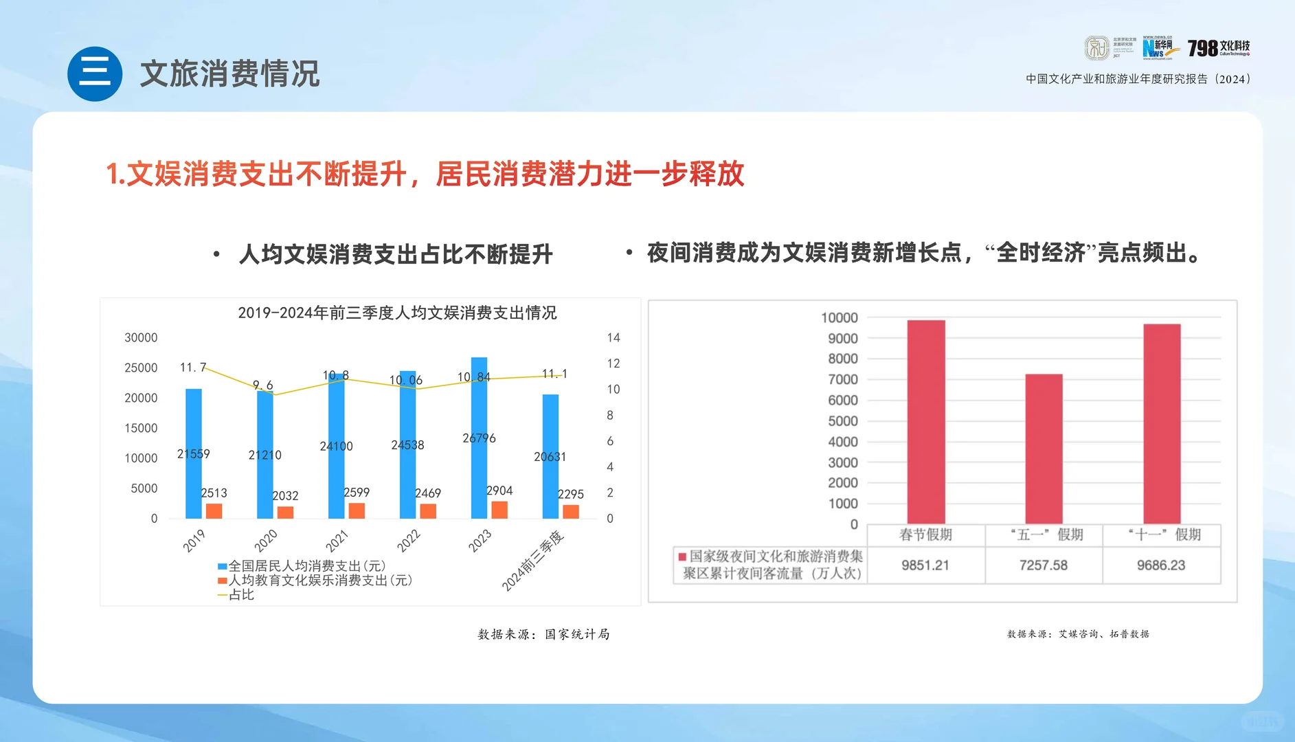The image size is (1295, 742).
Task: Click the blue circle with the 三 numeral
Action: click(x=95, y=74)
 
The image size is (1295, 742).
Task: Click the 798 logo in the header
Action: click(x=1218, y=48)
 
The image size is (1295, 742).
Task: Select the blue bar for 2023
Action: click(x=479, y=412)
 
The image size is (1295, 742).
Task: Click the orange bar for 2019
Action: click(x=214, y=510)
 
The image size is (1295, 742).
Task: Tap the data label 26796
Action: click(x=479, y=438)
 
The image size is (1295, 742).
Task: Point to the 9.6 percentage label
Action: click(x=262, y=385)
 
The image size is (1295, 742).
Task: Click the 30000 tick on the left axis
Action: click(x=141, y=337)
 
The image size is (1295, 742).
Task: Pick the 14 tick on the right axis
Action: click(x=613, y=337)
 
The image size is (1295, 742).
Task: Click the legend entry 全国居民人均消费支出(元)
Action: click(x=302, y=566)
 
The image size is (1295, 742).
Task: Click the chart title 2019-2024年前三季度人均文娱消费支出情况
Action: click(x=397, y=313)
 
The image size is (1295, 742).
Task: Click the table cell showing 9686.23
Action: click(x=1160, y=565)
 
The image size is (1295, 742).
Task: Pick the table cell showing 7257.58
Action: click(x=1043, y=565)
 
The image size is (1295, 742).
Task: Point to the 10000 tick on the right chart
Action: click(x=839, y=317)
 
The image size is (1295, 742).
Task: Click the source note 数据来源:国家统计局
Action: click(x=543, y=634)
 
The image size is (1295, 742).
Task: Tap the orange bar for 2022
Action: click(x=428, y=510)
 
